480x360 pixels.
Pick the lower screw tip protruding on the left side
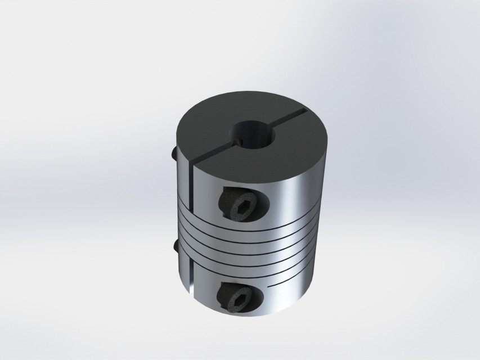pos(176,246)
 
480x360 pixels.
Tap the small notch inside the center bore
pos(239,142)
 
